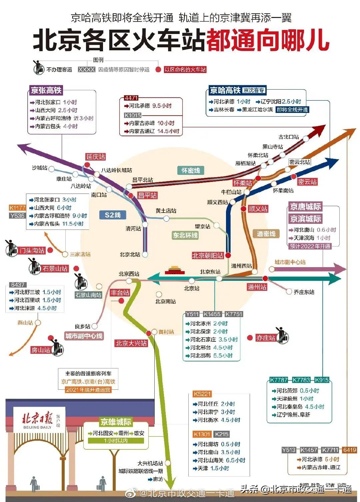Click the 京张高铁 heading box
pyautogui.click(x=46, y=90)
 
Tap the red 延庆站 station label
pyautogui.click(x=96, y=157)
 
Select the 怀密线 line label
pyautogui.click(x=191, y=171)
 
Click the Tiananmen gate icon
pyautogui.click(x=174, y=270)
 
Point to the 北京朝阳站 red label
pyautogui.click(x=207, y=255)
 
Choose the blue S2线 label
pyautogui.click(x=113, y=215)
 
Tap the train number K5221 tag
pyautogui.click(x=202, y=394)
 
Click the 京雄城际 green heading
pyautogui.click(x=116, y=422)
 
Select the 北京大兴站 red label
pyautogui.click(x=131, y=343)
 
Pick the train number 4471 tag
pyautogui.click(x=131, y=98)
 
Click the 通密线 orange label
pyautogui.click(x=266, y=234)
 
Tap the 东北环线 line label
pyautogui.click(x=185, y=235)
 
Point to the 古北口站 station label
pyautogui.click(x=289, y=137)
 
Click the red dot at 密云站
pyautogui.click(x=294, y=177)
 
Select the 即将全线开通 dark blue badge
pyautogui.click(x=292, y=110)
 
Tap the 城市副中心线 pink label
pyautogui.click(x=84, y=336)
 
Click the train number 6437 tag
pyautogui.click(x=18, y=285)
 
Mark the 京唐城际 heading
pyautogui.click(x=305, y=207)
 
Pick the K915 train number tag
pyautogui.click(x=322, y=380)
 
